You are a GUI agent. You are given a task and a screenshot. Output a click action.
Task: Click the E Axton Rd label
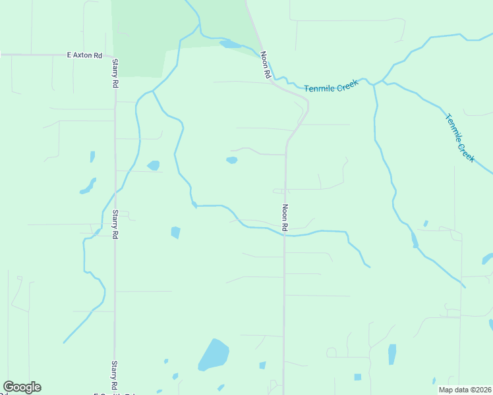pos(84,56)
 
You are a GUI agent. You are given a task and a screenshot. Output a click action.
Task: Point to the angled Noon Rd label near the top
pos(266,66)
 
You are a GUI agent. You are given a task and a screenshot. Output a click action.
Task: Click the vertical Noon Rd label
pos(285,217)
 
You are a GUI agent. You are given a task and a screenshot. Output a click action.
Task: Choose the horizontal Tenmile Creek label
pos(331,86)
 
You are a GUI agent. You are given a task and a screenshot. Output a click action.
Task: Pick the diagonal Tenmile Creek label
pos(460,138)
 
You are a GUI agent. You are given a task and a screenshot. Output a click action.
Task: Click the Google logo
pos(22,387)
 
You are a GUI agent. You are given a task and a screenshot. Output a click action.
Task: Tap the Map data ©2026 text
pos(465,389)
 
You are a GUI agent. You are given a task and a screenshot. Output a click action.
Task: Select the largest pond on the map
pos(213,355)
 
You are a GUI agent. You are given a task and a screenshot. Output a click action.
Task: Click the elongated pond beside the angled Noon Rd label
pos(230,45)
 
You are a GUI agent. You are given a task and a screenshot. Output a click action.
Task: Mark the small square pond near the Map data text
pos(358,377)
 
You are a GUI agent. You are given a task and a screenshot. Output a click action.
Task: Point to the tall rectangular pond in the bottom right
pos(392,354)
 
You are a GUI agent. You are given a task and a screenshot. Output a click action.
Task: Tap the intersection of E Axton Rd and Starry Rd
pos(115,56)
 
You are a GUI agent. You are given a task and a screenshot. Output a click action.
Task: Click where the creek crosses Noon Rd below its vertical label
pos(285,235)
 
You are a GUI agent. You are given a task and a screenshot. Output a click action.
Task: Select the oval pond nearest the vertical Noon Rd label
pos(231,160)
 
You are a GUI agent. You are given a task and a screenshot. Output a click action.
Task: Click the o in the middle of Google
pos(22,387)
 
